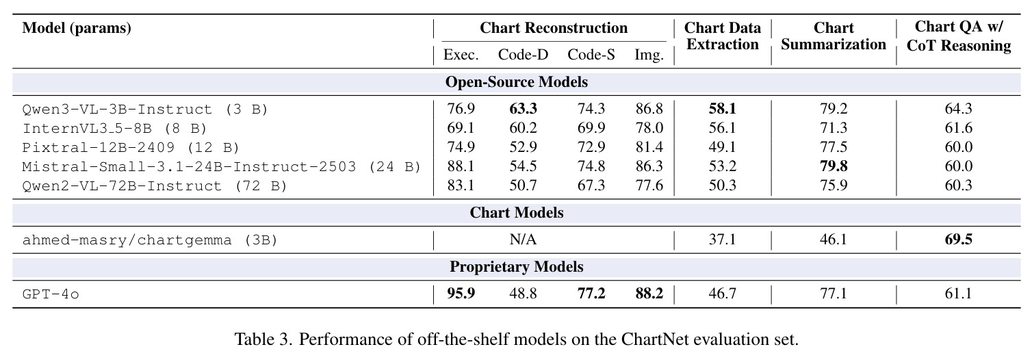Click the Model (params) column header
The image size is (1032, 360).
click(77, 28)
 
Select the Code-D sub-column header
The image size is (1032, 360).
click(523, 55)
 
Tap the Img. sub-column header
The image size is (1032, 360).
click(649, 55)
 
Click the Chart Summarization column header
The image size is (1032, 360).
click(834, 36)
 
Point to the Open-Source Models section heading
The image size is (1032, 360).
click(517, 82)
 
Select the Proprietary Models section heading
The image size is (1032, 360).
click(517, 267)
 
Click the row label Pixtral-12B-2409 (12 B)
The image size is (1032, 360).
click(131, 148)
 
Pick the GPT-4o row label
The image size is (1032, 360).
click(51, 294)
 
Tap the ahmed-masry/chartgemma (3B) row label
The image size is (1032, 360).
click(150, 240)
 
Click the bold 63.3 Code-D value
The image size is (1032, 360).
click(523, 109)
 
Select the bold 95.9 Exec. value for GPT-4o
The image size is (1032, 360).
click(461, 294)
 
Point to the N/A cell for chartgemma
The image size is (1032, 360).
click(523, 240)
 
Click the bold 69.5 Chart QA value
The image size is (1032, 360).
click(958, 240)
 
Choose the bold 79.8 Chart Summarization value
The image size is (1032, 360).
click(834, 166)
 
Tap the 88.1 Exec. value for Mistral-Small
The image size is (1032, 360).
click(461, 166)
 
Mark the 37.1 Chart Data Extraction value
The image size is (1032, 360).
click(723, 240)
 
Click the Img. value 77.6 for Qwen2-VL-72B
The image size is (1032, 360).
click(649, 185)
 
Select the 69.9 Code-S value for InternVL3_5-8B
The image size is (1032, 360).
click(591, 128)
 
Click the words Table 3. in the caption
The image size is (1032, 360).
click(263, 339)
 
